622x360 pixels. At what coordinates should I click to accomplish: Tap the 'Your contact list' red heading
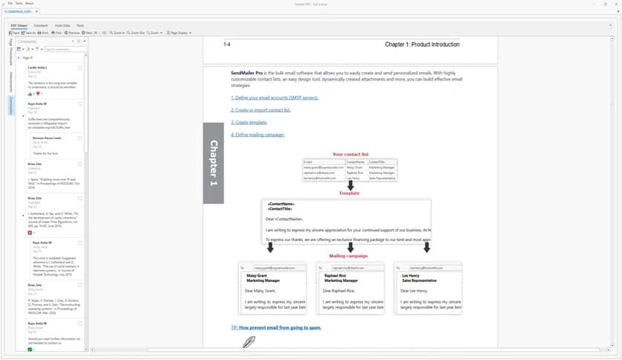tap(350, 154)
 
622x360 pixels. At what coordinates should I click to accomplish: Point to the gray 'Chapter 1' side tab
tap(214, 163)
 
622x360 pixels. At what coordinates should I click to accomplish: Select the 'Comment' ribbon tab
tap(41, 25)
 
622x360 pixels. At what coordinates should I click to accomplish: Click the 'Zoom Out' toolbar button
tap(136, 33)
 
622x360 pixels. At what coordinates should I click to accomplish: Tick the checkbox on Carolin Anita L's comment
tap(80, 67)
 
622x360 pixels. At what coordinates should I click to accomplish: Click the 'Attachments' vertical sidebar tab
tap(10, 82)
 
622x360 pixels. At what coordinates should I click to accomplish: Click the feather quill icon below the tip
tap(249, 341)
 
